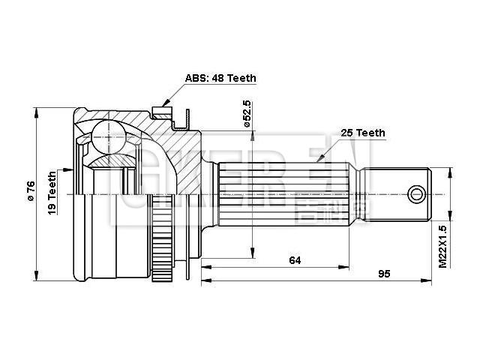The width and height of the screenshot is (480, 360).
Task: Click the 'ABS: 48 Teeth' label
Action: [x=222, y=78]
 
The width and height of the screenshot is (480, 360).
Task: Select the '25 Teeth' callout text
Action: [x=363, y=133]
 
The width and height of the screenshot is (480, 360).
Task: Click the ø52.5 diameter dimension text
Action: [x=246, y=112]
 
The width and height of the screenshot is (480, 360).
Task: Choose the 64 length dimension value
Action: [x=295, y=260]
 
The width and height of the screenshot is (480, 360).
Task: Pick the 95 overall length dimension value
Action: [x=383, y=274]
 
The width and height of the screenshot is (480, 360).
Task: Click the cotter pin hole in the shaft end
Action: [x=417, y=195]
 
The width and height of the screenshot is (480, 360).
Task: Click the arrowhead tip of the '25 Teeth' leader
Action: [x=316, y=162]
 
